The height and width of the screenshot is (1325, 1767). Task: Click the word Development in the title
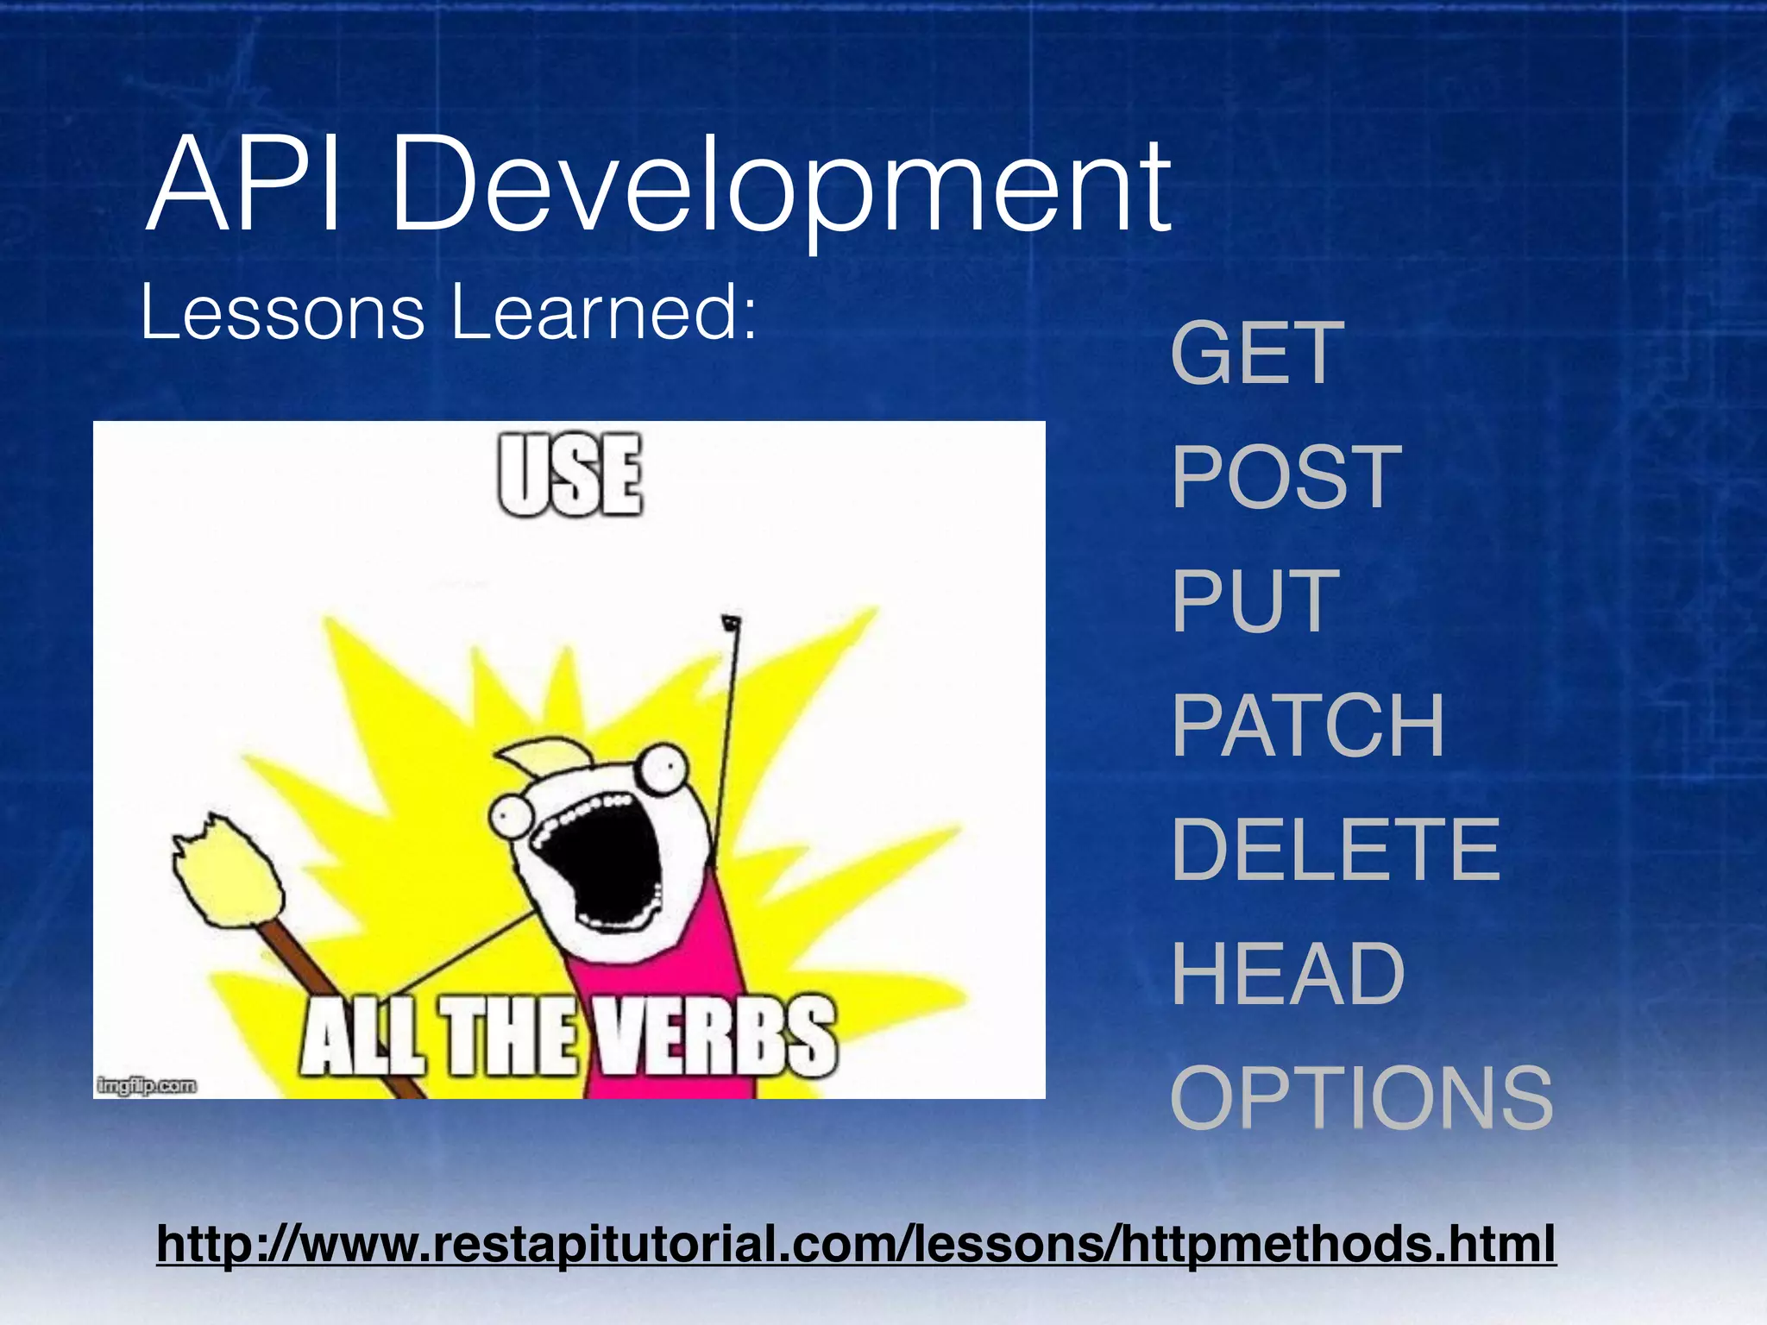[781, 190]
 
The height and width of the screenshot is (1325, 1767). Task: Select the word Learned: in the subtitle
[604, 312]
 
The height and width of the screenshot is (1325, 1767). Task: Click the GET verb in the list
[1257, 353]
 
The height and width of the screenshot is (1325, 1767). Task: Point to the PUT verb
[1255, 601]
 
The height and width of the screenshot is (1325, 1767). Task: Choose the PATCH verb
[1307, 726]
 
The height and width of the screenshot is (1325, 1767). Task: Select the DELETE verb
[1336, 851]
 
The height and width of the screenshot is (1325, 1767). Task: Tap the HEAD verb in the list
[1287, 975]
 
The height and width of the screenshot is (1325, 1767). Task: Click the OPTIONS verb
[1361, 1098]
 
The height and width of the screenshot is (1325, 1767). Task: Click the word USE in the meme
[570, 475]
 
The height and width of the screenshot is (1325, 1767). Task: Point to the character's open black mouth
[604, 863]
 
